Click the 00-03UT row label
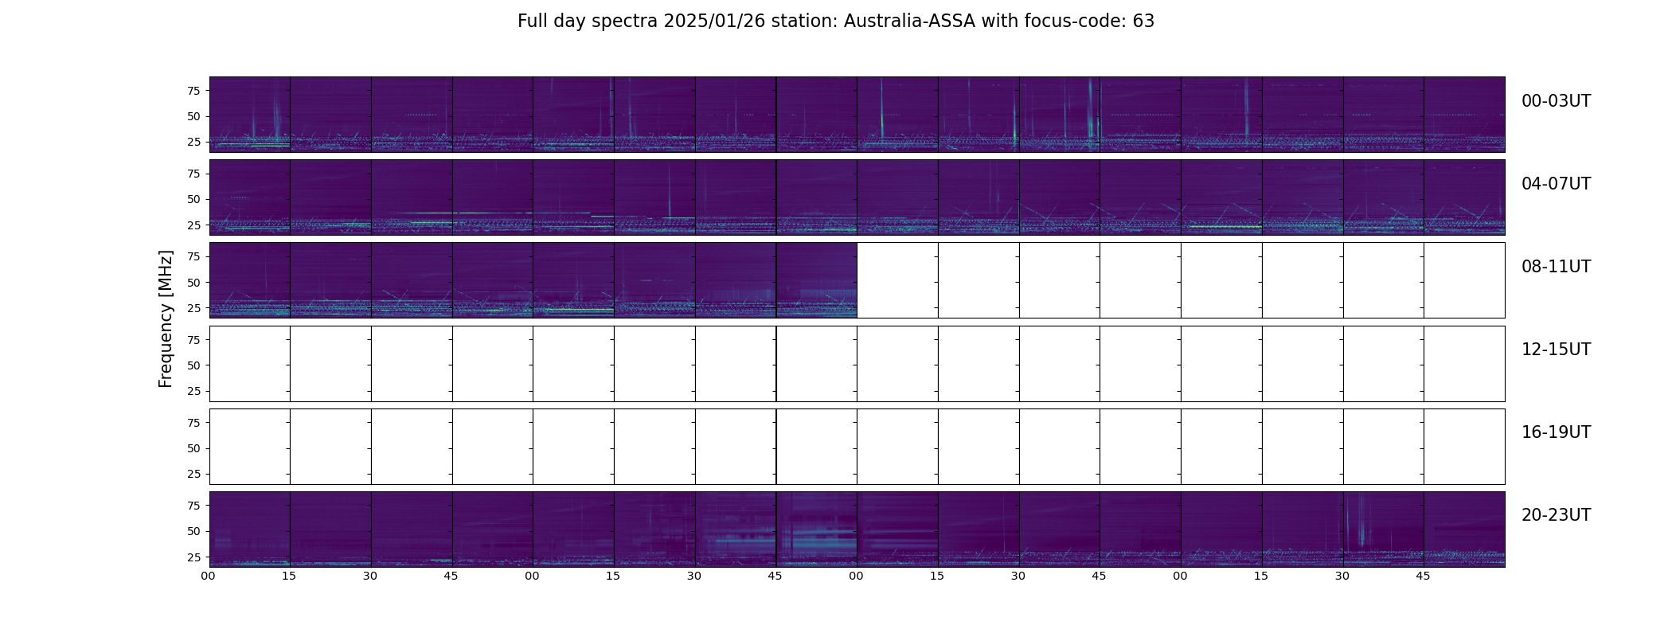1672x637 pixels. pyautogui.click(x=1556, y=101)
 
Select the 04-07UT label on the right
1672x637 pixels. pyautogui.click(x=1556, y=184)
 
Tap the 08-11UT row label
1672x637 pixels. pyautogui.click(x=1556, y=267)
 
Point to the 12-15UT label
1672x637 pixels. pyautogui.click(x=1556, y=350)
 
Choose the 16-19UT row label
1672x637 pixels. pyautogui.click(x=1556, y=432)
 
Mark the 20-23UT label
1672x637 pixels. pyautogui.click(x=1556, y=515)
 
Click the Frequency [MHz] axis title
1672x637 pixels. pyautogui.click(x=166, y=318)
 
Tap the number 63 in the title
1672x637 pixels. pyautogui.click(x=1143, y=21)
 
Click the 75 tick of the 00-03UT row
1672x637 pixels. pyautogui.click(x=193, y=91)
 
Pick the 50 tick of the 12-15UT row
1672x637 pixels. pyautogui.click(x=193, y=365)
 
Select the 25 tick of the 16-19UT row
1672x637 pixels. pyautogui.click(x=193, y=474)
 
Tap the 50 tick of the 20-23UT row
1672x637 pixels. pyautogui.click(x=193, y=531)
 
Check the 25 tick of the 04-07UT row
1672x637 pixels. pyautogui.click(x=193, y=225)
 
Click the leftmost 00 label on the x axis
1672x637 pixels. pyautogui.click(x=209, y=576)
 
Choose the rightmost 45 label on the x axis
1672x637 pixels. pyautogui.click(x=1423, y=576)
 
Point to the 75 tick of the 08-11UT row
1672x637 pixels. pyautogui.click(x=193, y=256)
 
